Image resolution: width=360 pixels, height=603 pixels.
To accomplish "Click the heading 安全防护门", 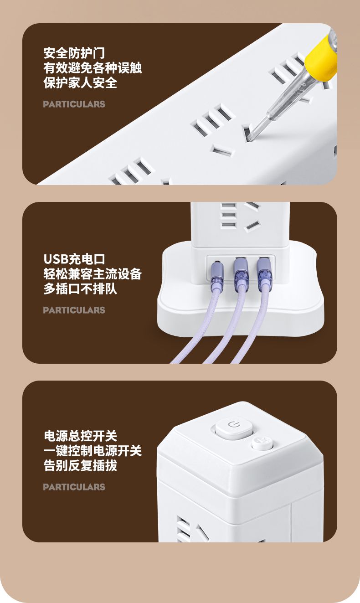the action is tap(74, 53).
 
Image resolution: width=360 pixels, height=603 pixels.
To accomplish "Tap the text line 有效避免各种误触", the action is tap(93, 68).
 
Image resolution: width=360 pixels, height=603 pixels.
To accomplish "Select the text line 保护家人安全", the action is tap(80, 82).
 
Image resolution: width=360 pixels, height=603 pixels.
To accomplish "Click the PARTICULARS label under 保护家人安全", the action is tap(74, 104).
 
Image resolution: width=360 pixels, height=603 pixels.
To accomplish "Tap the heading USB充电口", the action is tap(74, 259).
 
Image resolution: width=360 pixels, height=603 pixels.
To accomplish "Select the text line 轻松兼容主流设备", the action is tap(93, 274).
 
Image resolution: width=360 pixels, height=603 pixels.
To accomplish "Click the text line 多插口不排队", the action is tap(80, 289).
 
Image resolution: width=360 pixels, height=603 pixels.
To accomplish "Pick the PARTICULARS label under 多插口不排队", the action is tap(74, 310).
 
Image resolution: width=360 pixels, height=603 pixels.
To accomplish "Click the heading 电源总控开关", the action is tap(80, 436).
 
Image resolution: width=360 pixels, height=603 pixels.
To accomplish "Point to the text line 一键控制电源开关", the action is tap(93, 451).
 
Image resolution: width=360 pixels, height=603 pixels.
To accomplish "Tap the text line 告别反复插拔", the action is tap(80, 465).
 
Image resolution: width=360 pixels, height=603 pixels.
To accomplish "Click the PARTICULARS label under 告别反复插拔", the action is tap(74, 487).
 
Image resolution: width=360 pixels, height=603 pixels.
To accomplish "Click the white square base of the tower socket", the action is tap(241, 309).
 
